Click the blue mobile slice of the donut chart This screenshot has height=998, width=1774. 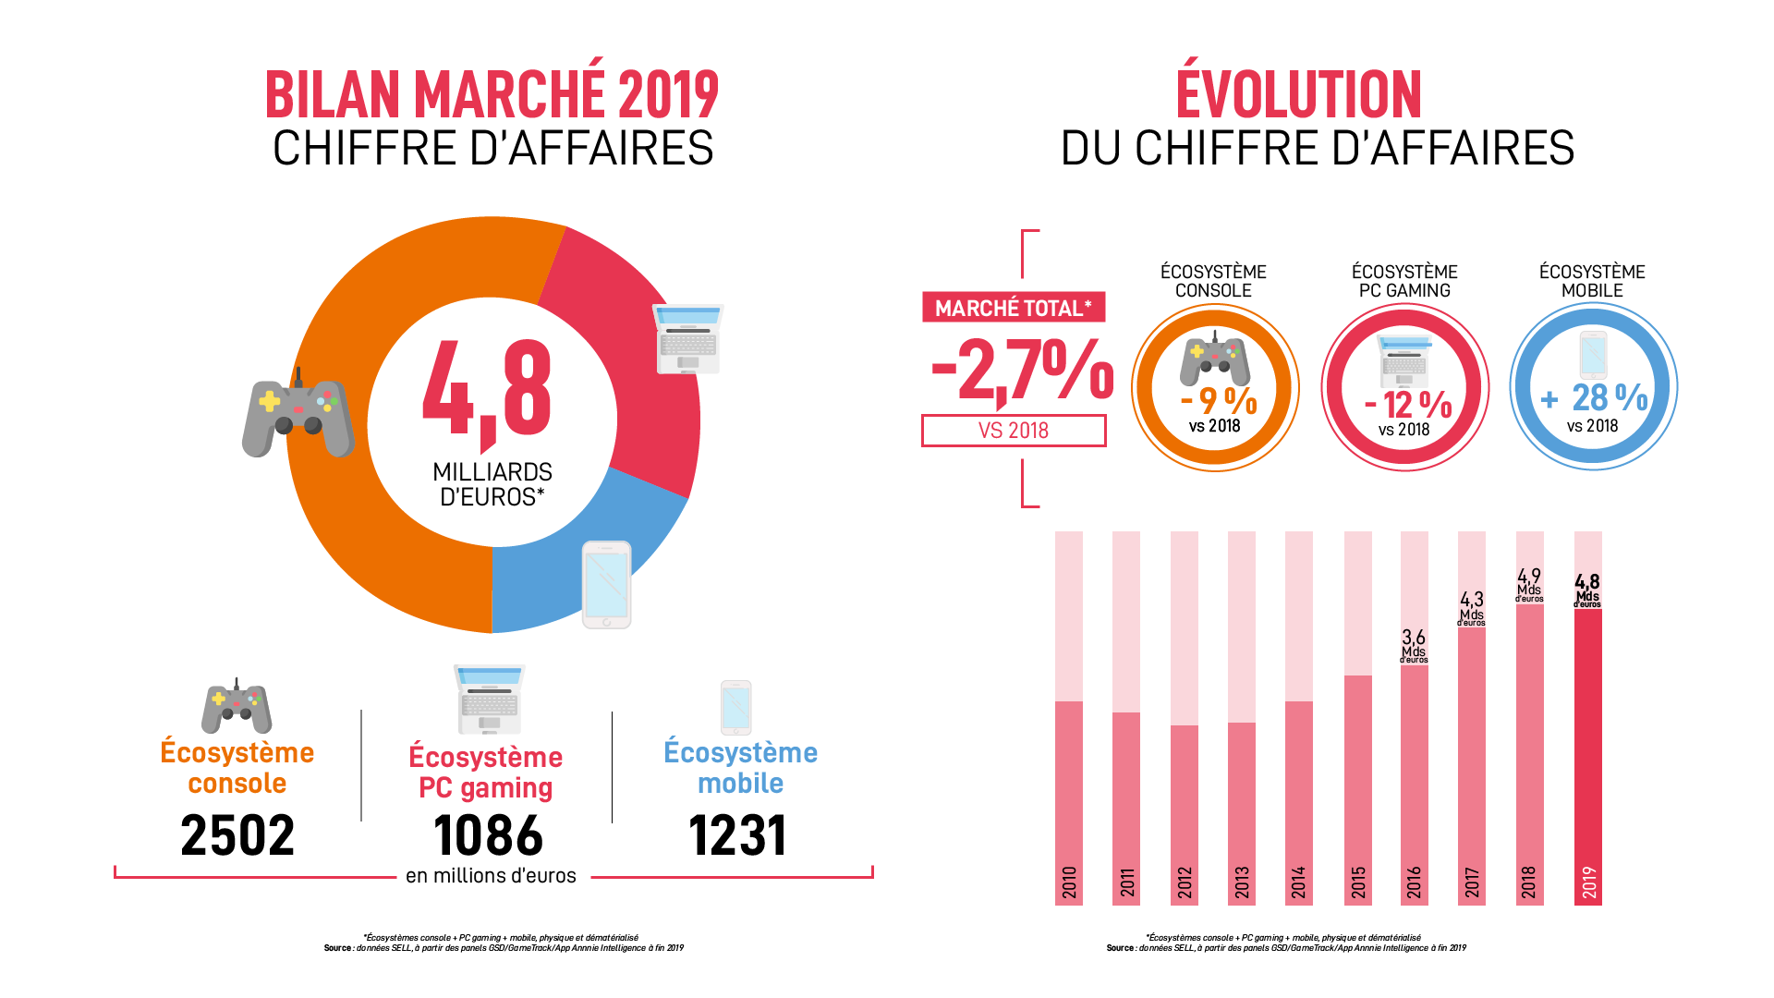(x=545, y=578)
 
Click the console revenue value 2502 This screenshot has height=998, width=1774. (x=237, y=835)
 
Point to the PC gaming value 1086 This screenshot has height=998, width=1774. (x=488, y=835)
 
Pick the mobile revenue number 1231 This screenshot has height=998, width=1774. (x=737, y=835)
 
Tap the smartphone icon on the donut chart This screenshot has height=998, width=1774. (x=606, y=585)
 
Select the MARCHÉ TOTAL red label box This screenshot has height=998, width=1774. (x=1013, y=308)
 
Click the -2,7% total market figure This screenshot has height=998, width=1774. (x=1022, y=370)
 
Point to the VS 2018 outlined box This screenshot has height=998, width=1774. (x=1013, y=431)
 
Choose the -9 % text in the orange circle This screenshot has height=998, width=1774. (x=1219, y=401)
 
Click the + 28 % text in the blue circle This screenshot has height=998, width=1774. (x=1595, y=398)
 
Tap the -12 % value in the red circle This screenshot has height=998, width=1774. (x=1408, y=405)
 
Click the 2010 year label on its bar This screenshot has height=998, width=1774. (x=1069, y=882)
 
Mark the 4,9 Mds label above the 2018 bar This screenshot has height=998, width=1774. (x=1529, y=585)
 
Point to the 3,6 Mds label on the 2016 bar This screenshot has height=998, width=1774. (x=1414, y=646)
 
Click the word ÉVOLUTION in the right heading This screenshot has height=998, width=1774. (x=1298, y=94)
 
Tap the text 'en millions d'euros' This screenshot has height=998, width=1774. (x=491, y=876)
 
